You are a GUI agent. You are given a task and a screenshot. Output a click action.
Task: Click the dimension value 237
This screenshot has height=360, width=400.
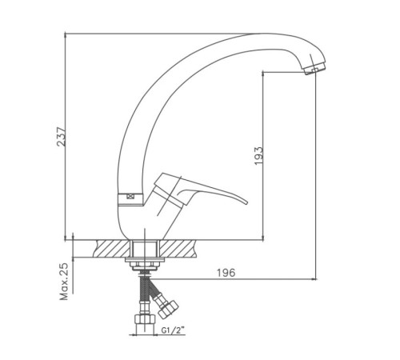62,136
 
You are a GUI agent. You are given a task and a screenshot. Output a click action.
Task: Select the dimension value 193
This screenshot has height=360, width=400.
258,156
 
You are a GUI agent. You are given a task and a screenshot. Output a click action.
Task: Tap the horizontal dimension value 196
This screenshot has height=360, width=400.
226,273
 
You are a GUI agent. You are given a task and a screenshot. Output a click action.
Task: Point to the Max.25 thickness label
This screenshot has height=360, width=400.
64,282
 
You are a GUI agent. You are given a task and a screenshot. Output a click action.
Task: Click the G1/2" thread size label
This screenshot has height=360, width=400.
173,330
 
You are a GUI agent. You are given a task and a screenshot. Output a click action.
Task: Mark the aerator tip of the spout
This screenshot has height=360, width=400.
314,68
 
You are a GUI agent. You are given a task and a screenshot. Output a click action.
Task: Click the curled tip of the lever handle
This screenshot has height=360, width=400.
245,202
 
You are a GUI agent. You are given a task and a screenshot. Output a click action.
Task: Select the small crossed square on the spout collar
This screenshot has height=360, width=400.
130,197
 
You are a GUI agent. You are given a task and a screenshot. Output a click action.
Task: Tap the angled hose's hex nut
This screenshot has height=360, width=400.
167,310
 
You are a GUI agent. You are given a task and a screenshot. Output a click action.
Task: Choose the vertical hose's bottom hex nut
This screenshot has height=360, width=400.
145,319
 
